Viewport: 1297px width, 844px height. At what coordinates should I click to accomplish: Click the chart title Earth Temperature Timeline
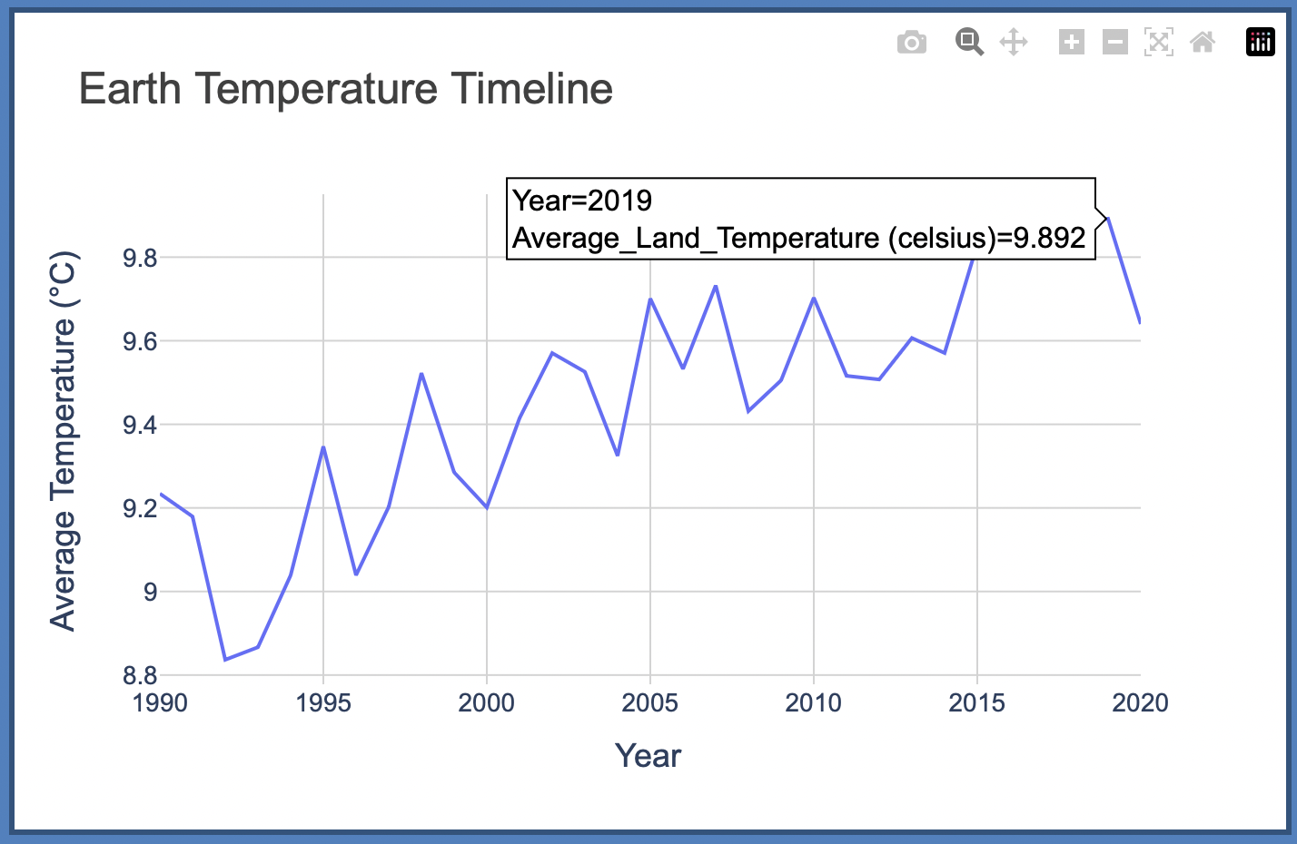pos(345,89)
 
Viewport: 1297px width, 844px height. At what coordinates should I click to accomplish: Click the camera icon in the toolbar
pos(911,43)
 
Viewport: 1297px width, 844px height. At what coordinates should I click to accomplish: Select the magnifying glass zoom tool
pos(969,42)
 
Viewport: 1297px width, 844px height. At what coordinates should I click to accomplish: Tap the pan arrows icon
pos(1013,42)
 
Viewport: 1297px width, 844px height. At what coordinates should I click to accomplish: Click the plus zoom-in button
pos(1071,42)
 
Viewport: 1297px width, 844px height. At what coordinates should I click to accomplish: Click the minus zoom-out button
pos(1114,42)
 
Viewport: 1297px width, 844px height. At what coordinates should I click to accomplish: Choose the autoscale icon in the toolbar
pos(1158,42)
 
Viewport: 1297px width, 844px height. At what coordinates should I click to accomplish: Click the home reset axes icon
pos(1203,42)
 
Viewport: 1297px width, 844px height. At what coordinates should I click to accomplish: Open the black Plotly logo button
pos(1260,42)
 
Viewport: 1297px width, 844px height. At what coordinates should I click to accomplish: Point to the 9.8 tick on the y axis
pos(140,259)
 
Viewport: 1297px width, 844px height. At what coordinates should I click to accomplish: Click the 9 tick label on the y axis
pos(150,593)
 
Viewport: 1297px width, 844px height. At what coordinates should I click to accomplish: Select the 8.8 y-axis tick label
pos(140,676)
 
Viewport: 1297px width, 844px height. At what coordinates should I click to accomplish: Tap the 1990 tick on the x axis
pos(160,703)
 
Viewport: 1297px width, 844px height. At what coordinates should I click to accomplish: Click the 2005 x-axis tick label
pos(649,703)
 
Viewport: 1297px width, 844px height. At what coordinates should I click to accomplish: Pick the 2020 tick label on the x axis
pos(1140,703)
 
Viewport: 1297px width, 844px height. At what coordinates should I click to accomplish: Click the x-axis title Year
pos(648,756)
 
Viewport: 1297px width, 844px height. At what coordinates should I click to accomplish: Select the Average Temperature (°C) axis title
pos(63,440)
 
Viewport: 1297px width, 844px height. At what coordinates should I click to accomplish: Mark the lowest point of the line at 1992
pos(225,660)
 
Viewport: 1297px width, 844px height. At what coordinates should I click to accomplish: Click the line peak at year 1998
pos(421,374)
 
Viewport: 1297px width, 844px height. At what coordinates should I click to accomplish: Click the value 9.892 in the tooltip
pos(1049,238)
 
